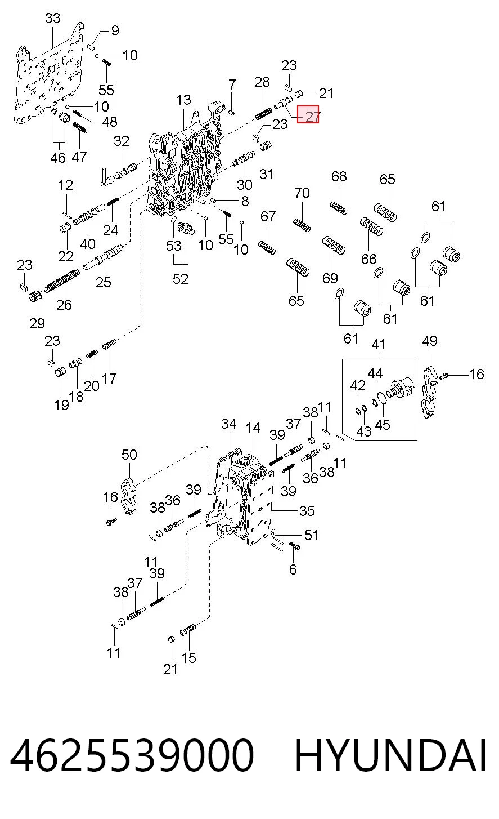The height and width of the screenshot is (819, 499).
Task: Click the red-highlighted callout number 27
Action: (x=312, y=116)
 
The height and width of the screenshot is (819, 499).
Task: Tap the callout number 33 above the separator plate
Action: (x=53, y=18)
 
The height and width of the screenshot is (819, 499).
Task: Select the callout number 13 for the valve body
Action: (x=183, y=100)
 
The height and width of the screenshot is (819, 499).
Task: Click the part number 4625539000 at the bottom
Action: (x=132, y=755)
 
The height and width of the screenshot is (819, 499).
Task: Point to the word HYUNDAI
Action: (x=390, y=755)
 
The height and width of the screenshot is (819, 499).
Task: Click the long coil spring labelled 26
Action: (x=61, y=281)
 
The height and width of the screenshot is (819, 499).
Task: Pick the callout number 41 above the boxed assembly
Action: (x=379, y=344)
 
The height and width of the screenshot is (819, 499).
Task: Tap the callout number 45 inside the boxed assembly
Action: (x=383, y=425)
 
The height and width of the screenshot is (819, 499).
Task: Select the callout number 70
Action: (x=302, y=192)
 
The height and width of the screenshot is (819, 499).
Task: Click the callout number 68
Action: (x=339, y=176)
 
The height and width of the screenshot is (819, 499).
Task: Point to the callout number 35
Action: (x=307, y=511)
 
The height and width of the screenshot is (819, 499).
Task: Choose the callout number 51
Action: (x=311, y=535)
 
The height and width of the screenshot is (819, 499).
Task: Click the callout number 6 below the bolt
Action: (x=293, y=569)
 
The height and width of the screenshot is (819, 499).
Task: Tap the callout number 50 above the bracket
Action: (x=129, y=455)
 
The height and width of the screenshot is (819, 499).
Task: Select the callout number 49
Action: (x=430, y=341)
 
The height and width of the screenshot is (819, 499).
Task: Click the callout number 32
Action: (x=122, y=141)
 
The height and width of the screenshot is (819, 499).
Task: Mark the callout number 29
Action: (x=37, y=323)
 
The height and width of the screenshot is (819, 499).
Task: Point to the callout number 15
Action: (x=188, y=658)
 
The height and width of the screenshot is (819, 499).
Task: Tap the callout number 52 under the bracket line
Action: (x=181, y=279)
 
